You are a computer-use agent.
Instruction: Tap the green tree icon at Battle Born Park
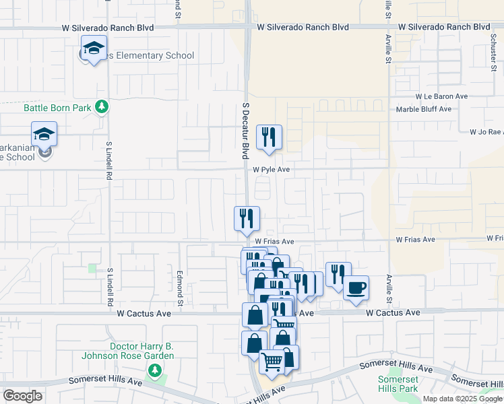tap(101, 106)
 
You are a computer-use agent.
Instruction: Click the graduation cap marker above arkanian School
tap(44, 134)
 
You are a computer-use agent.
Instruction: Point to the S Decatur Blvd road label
tap(246, 131)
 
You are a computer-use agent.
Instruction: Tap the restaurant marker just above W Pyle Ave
tap(269, 137)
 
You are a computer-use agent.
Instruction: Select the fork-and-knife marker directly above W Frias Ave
tap(247, 218)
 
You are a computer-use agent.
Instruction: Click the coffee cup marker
tap(356, 288)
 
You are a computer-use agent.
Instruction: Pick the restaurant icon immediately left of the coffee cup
tap(338, 273)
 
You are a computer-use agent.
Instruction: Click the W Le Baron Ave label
tap(441, 96)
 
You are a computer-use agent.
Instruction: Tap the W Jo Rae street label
tap(486, 132)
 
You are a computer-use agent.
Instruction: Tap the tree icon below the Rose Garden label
tap(155, 370)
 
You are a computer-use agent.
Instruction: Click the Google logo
tap(22, 396)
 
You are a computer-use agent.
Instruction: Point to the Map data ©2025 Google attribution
tap(462, 399)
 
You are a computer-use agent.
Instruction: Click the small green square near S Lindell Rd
tap(92, 268)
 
